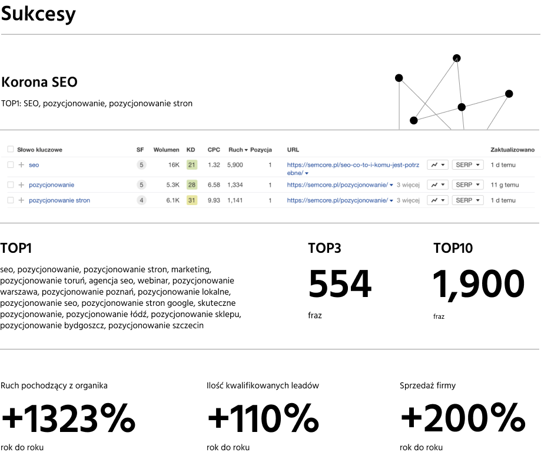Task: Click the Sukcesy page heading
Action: coord(38,14)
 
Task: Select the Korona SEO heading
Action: coord(39,82)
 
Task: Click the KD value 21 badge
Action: coord(191,164)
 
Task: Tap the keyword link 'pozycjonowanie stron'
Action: coord(59,200)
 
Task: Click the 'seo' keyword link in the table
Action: coord(34,165)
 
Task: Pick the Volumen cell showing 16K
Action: coord(174,165)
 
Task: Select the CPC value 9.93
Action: coord(214,200)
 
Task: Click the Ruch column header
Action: coord(238,150)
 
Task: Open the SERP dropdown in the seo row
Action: coord(467,164)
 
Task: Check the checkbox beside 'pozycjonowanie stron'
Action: coord(11,200)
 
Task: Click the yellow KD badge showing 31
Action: coord(191,200)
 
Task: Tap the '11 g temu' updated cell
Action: coord(505,184)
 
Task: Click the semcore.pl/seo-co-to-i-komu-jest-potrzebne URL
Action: coord(353,169)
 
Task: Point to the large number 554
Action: coord(340,284)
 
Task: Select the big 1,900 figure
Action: coord(479,285)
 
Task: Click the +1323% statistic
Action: coord(68,418)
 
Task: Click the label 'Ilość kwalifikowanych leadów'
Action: coord(263,385)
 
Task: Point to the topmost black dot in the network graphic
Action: coord(456,58)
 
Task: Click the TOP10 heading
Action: coord(453,248)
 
